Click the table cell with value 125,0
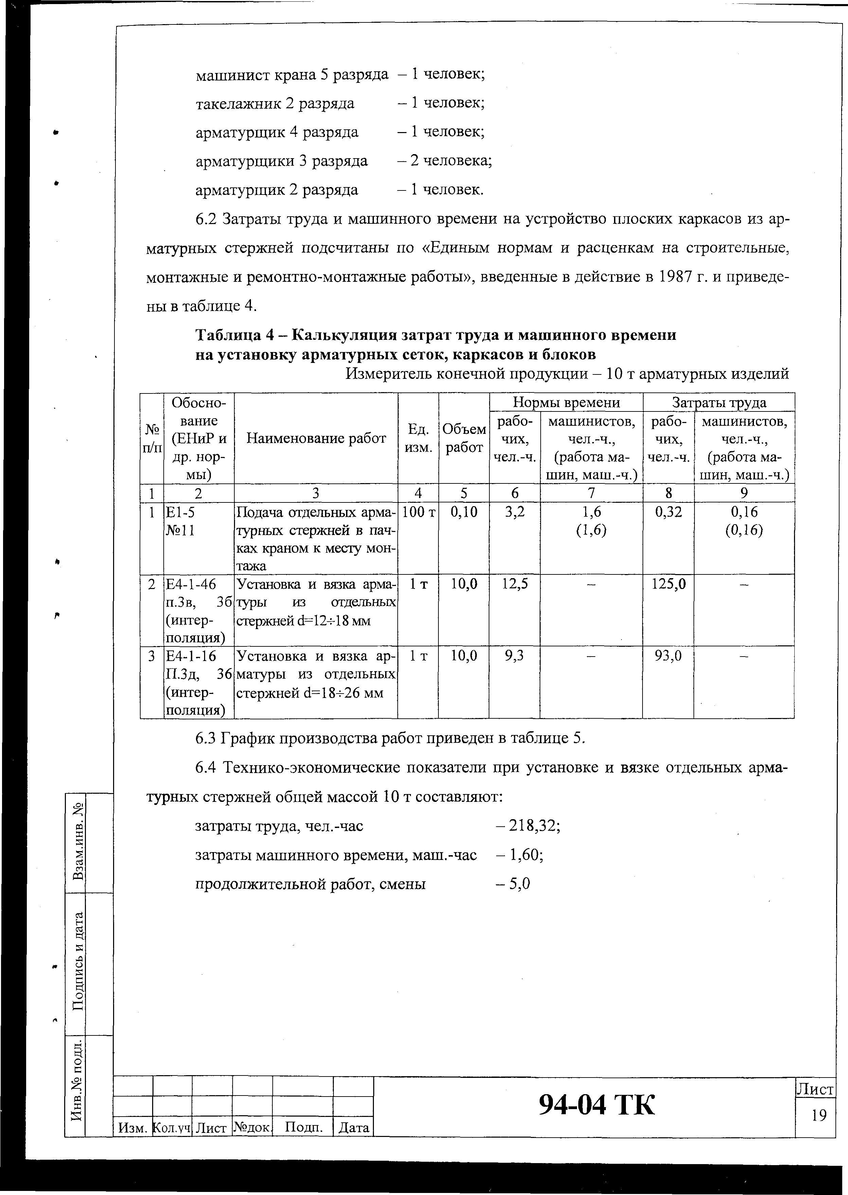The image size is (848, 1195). [668, 583]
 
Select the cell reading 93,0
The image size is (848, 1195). [668, 656]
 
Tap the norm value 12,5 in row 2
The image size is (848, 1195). [514, 583]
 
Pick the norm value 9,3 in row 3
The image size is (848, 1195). [514, 656]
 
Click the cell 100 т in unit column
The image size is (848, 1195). [418, 512]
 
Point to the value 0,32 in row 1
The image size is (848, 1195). [668, 512]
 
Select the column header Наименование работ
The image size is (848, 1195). [316, 438]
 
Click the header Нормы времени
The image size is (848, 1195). [566, 402]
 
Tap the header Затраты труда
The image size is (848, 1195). [719, 402]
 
